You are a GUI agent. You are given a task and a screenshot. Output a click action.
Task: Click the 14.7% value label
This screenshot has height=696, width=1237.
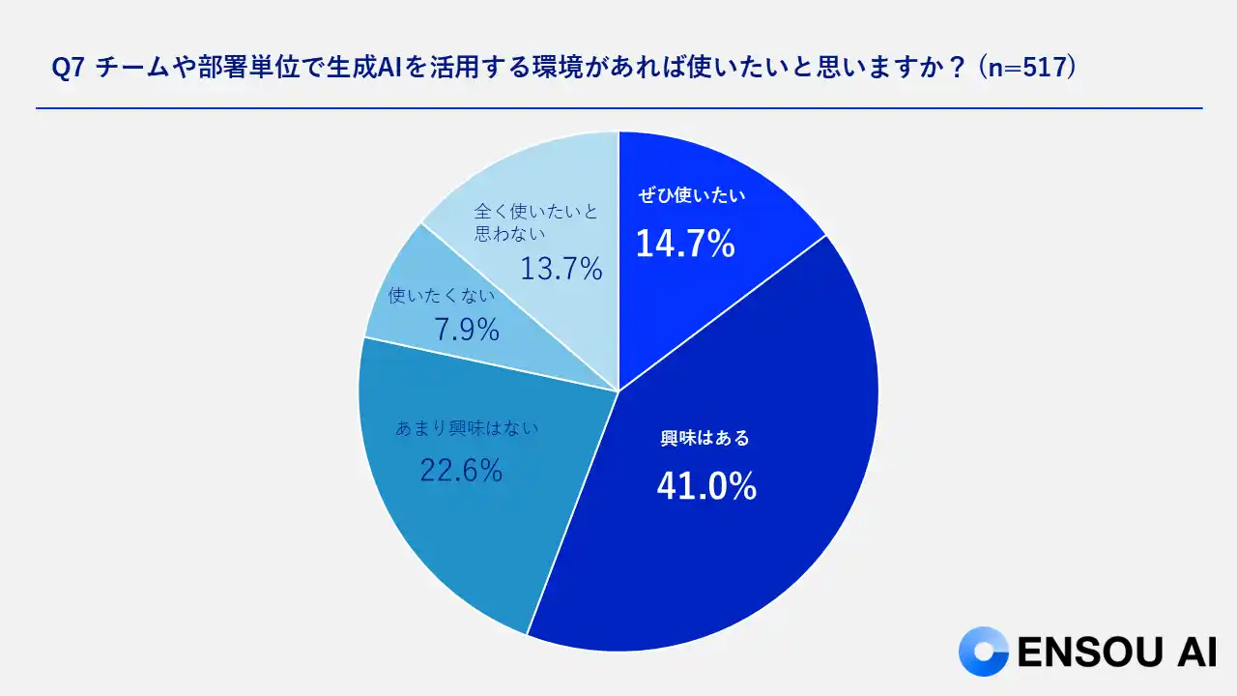[685, 245]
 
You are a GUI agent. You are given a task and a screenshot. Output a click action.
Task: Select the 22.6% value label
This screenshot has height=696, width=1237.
[461, 471]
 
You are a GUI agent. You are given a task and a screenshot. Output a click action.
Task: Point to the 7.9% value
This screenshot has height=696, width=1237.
[467, 331]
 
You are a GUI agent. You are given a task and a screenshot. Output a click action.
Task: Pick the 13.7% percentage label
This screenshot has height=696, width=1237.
[561, 269]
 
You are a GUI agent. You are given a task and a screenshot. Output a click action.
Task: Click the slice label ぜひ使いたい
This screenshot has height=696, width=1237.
[693, 195]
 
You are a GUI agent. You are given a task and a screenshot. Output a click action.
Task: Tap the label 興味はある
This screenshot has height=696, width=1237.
[705, 438]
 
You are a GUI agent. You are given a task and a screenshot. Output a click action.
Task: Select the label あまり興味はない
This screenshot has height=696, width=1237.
[466, 427]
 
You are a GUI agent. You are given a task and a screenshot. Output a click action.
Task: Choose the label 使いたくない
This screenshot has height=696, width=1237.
[441, 296]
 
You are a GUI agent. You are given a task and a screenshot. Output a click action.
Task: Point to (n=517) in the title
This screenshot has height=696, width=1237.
[1026, 70]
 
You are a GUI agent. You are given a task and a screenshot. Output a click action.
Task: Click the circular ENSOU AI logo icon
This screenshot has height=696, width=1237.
[982, 651]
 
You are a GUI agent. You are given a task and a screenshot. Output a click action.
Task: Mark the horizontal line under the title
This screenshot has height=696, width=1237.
[618, 108]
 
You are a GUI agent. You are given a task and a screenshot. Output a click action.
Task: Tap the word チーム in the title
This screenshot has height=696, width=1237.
[129, 70]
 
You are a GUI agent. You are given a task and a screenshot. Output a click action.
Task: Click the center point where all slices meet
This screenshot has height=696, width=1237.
[618, 391]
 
